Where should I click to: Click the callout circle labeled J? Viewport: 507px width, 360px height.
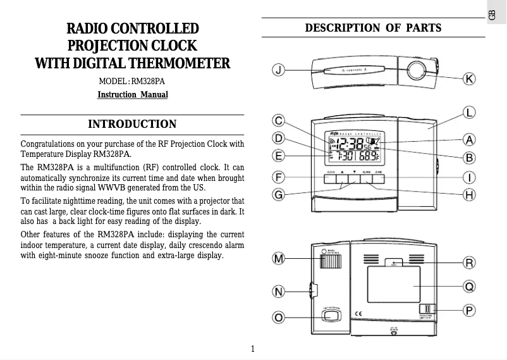(x=278, y=69)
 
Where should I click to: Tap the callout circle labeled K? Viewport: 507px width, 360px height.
(x=469, y=79)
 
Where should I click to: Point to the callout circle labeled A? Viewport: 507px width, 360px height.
(x=469, y=139)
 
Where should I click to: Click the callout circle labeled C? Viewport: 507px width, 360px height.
(x=278, y=120)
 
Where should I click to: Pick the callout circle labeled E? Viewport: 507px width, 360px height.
(x=278, y=154)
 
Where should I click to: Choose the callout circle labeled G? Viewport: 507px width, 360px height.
(x=278, y=195)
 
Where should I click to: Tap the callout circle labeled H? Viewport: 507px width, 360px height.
(x=469, y=195)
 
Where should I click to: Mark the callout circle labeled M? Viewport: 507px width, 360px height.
(x=278, y=259)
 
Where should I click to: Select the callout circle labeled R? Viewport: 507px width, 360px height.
(x=469, y=263)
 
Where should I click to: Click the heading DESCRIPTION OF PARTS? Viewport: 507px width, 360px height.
(x=373, y=28)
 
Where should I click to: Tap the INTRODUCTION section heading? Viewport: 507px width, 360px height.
(x=132, y=124)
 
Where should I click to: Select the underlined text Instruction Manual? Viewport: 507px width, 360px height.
(x=132, y=95)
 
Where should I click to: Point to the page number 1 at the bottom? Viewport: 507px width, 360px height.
(x=253, y=349)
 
